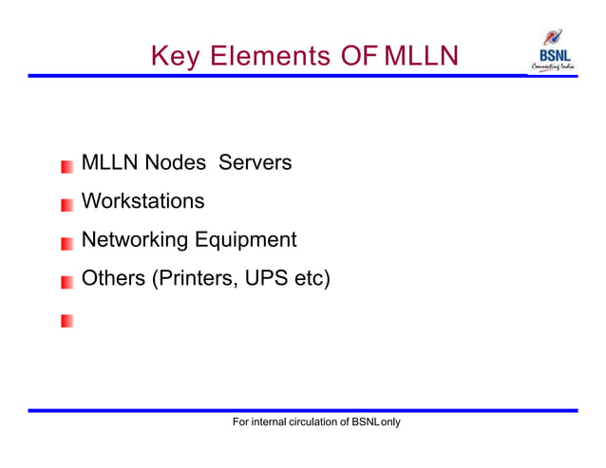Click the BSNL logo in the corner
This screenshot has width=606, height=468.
552,52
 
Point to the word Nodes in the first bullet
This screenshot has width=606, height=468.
175,163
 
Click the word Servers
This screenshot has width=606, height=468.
255,163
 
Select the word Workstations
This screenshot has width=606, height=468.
142,201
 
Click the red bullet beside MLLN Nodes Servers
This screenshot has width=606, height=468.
66,166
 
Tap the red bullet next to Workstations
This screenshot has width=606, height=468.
66,204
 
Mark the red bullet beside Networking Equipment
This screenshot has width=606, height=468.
66,243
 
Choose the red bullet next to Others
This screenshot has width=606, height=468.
66,282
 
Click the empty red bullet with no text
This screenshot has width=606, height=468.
66,321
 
